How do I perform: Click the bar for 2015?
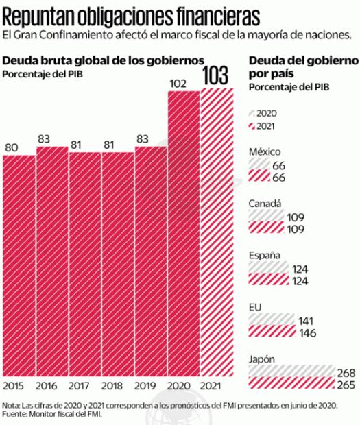19,264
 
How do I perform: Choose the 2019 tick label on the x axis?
151,386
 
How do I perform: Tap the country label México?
264,151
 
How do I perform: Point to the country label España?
264,255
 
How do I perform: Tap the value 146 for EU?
308,334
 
